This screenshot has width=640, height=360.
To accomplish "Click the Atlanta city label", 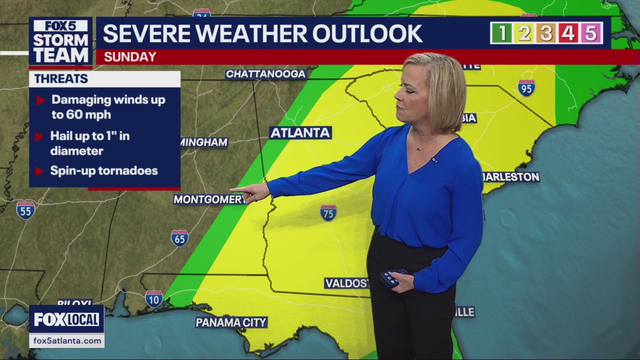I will point(300,132).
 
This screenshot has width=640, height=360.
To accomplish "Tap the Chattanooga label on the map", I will point(265,74).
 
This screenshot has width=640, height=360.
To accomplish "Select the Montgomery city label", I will point(209,199).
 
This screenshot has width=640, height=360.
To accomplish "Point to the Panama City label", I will point(231,322).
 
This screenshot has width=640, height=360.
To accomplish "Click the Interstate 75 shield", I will point(328,212).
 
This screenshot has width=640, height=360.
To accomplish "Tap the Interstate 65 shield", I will point(179,238).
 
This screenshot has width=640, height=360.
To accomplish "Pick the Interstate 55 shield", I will point(25,209).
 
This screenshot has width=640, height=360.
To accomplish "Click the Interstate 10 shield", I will point(154,298).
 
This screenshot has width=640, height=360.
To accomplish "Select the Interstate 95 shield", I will point(526,88).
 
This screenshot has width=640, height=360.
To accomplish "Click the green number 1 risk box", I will point(502,33).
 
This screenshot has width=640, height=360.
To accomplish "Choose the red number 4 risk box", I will point(568,33).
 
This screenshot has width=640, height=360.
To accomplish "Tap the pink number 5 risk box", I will point(591,33).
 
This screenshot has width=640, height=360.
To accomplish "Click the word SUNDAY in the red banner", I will point(130,57).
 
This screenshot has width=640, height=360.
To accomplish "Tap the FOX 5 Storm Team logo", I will point(60,42).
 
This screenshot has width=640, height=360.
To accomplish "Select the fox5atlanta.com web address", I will point(67,341).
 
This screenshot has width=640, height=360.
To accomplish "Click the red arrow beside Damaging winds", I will point(41,100).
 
